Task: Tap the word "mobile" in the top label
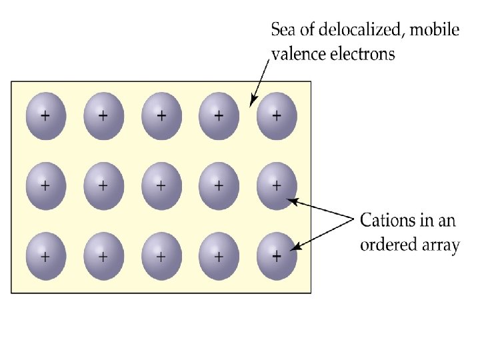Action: coord(434,30)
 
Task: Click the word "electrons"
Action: coord(363,54)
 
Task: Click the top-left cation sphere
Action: coord(45,116)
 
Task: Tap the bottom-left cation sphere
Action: coord(45,256)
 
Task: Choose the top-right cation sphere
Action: coord(277,116)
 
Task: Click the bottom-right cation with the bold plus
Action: coord(277,256)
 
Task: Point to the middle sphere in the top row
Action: coord(161,116)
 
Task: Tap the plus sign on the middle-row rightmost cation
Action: coord(277,185)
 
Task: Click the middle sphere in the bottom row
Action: coord(161,256)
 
